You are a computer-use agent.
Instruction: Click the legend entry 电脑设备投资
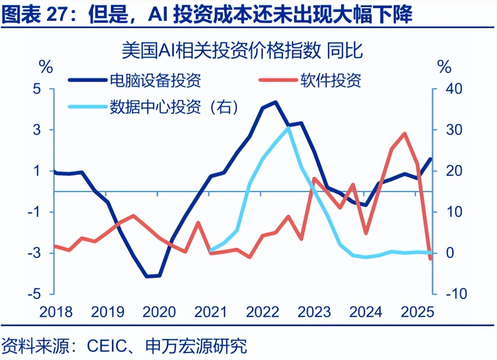[x=155, y=81]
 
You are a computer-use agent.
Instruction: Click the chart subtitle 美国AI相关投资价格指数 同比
[x=242, y=50]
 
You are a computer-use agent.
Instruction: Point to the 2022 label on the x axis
[x=263, y=312]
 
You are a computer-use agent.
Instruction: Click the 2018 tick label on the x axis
[x=56, y=312]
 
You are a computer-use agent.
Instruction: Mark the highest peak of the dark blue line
[x=275, y=102]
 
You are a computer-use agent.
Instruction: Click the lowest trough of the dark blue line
[x=147, y=276]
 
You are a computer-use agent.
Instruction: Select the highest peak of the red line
[x=404, y=134]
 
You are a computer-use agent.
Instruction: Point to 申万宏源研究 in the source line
[x=196, y=346]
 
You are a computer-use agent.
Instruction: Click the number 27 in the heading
[x=57, y=15]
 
